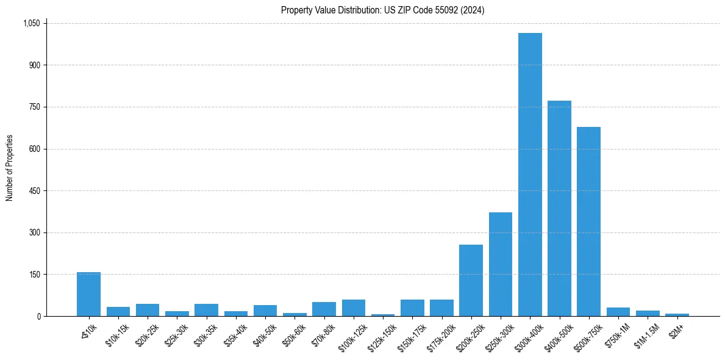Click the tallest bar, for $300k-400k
[x=530, y=175]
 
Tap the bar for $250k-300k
[x=501, y=264]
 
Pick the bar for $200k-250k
[x=471, y=281]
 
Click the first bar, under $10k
[x=88, y=294]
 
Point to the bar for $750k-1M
[x=618, y=312]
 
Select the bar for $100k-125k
[x=353, y=308]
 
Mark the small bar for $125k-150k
[x=383, y=315]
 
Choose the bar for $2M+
[x=677, y=315]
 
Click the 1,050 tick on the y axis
[x=31, y=23]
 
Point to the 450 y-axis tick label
[x=34, y=191]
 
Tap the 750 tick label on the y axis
[x=34, y=107]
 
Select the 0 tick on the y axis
[x=38, y=316]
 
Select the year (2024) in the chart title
[x=473, y=10]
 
